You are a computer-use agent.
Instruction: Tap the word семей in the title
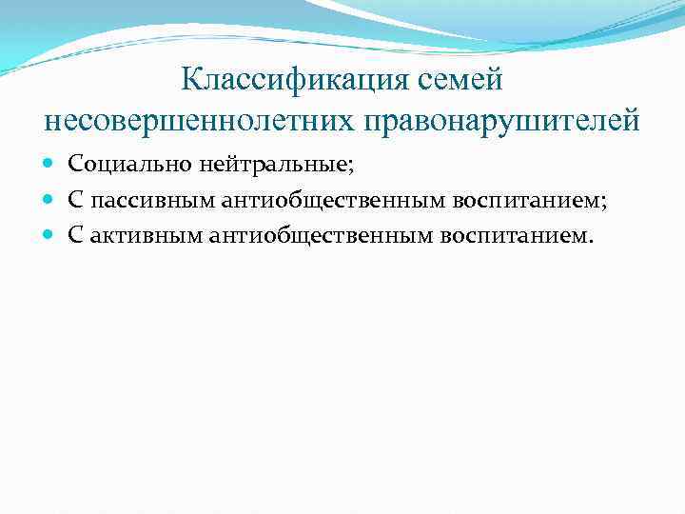[466, 81]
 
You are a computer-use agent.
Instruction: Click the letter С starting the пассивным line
[74, 199]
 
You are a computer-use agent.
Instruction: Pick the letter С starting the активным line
[74, 233]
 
